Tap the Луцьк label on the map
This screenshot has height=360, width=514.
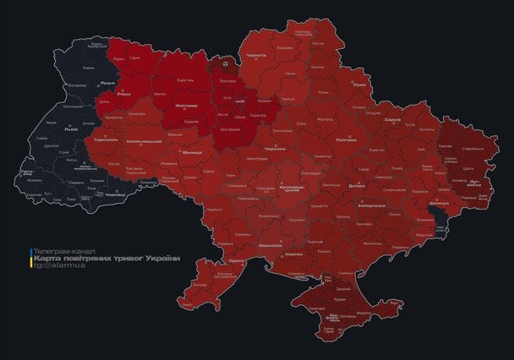[107, 83]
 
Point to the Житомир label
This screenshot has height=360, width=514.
[185, 106]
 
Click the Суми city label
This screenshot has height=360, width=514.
[360, 85]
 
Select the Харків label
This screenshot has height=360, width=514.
[392, 120]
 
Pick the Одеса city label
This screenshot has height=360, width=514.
[237, 261]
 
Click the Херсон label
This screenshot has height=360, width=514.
[294, 254]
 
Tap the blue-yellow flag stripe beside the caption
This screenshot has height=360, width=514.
[31, 258]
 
